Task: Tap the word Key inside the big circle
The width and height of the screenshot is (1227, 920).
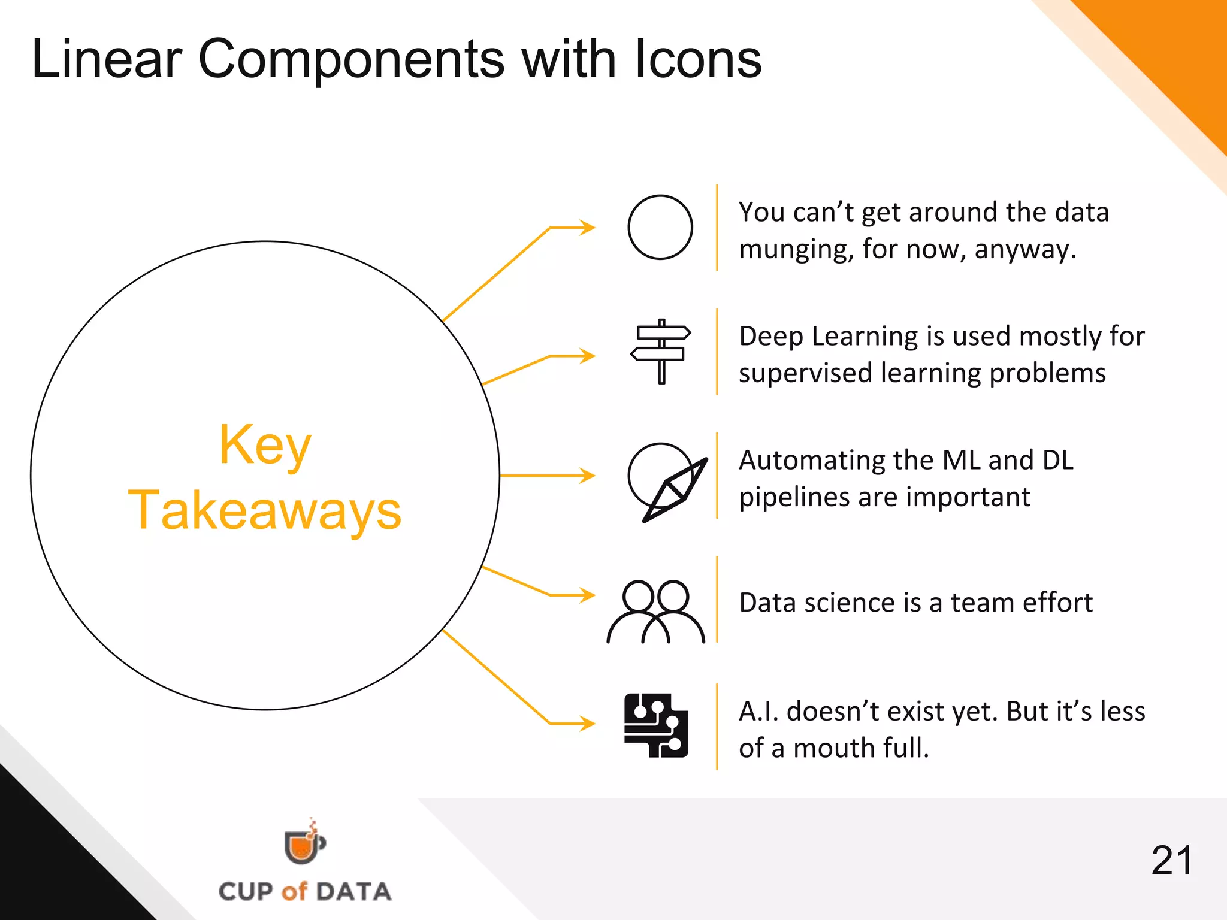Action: click(x=265, y=446)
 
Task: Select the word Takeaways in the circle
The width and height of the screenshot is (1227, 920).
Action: click(x=265, y=510)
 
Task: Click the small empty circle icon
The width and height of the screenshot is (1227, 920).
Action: click(x=660, y=227)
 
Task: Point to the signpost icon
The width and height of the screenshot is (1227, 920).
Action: click(x=661, y=351)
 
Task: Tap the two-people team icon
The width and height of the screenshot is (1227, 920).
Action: click(x=656, y=611)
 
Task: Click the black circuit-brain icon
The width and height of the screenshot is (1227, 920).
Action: click(x=656, y=725)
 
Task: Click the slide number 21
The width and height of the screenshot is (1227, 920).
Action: click(x=1172, y=861)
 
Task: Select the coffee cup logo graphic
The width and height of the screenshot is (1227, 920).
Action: click(x=304, y=843)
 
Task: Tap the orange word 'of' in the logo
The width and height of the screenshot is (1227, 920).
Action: click(x=294, y=891)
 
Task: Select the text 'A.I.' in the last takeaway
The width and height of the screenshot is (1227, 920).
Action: click(x=758, y=712)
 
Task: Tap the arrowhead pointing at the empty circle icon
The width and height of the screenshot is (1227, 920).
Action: click(x=588, y=228)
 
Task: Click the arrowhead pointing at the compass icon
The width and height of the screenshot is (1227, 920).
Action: click(x=588, y=476)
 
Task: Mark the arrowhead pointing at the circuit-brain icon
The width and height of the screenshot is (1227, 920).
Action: click(x=588, y=724)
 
